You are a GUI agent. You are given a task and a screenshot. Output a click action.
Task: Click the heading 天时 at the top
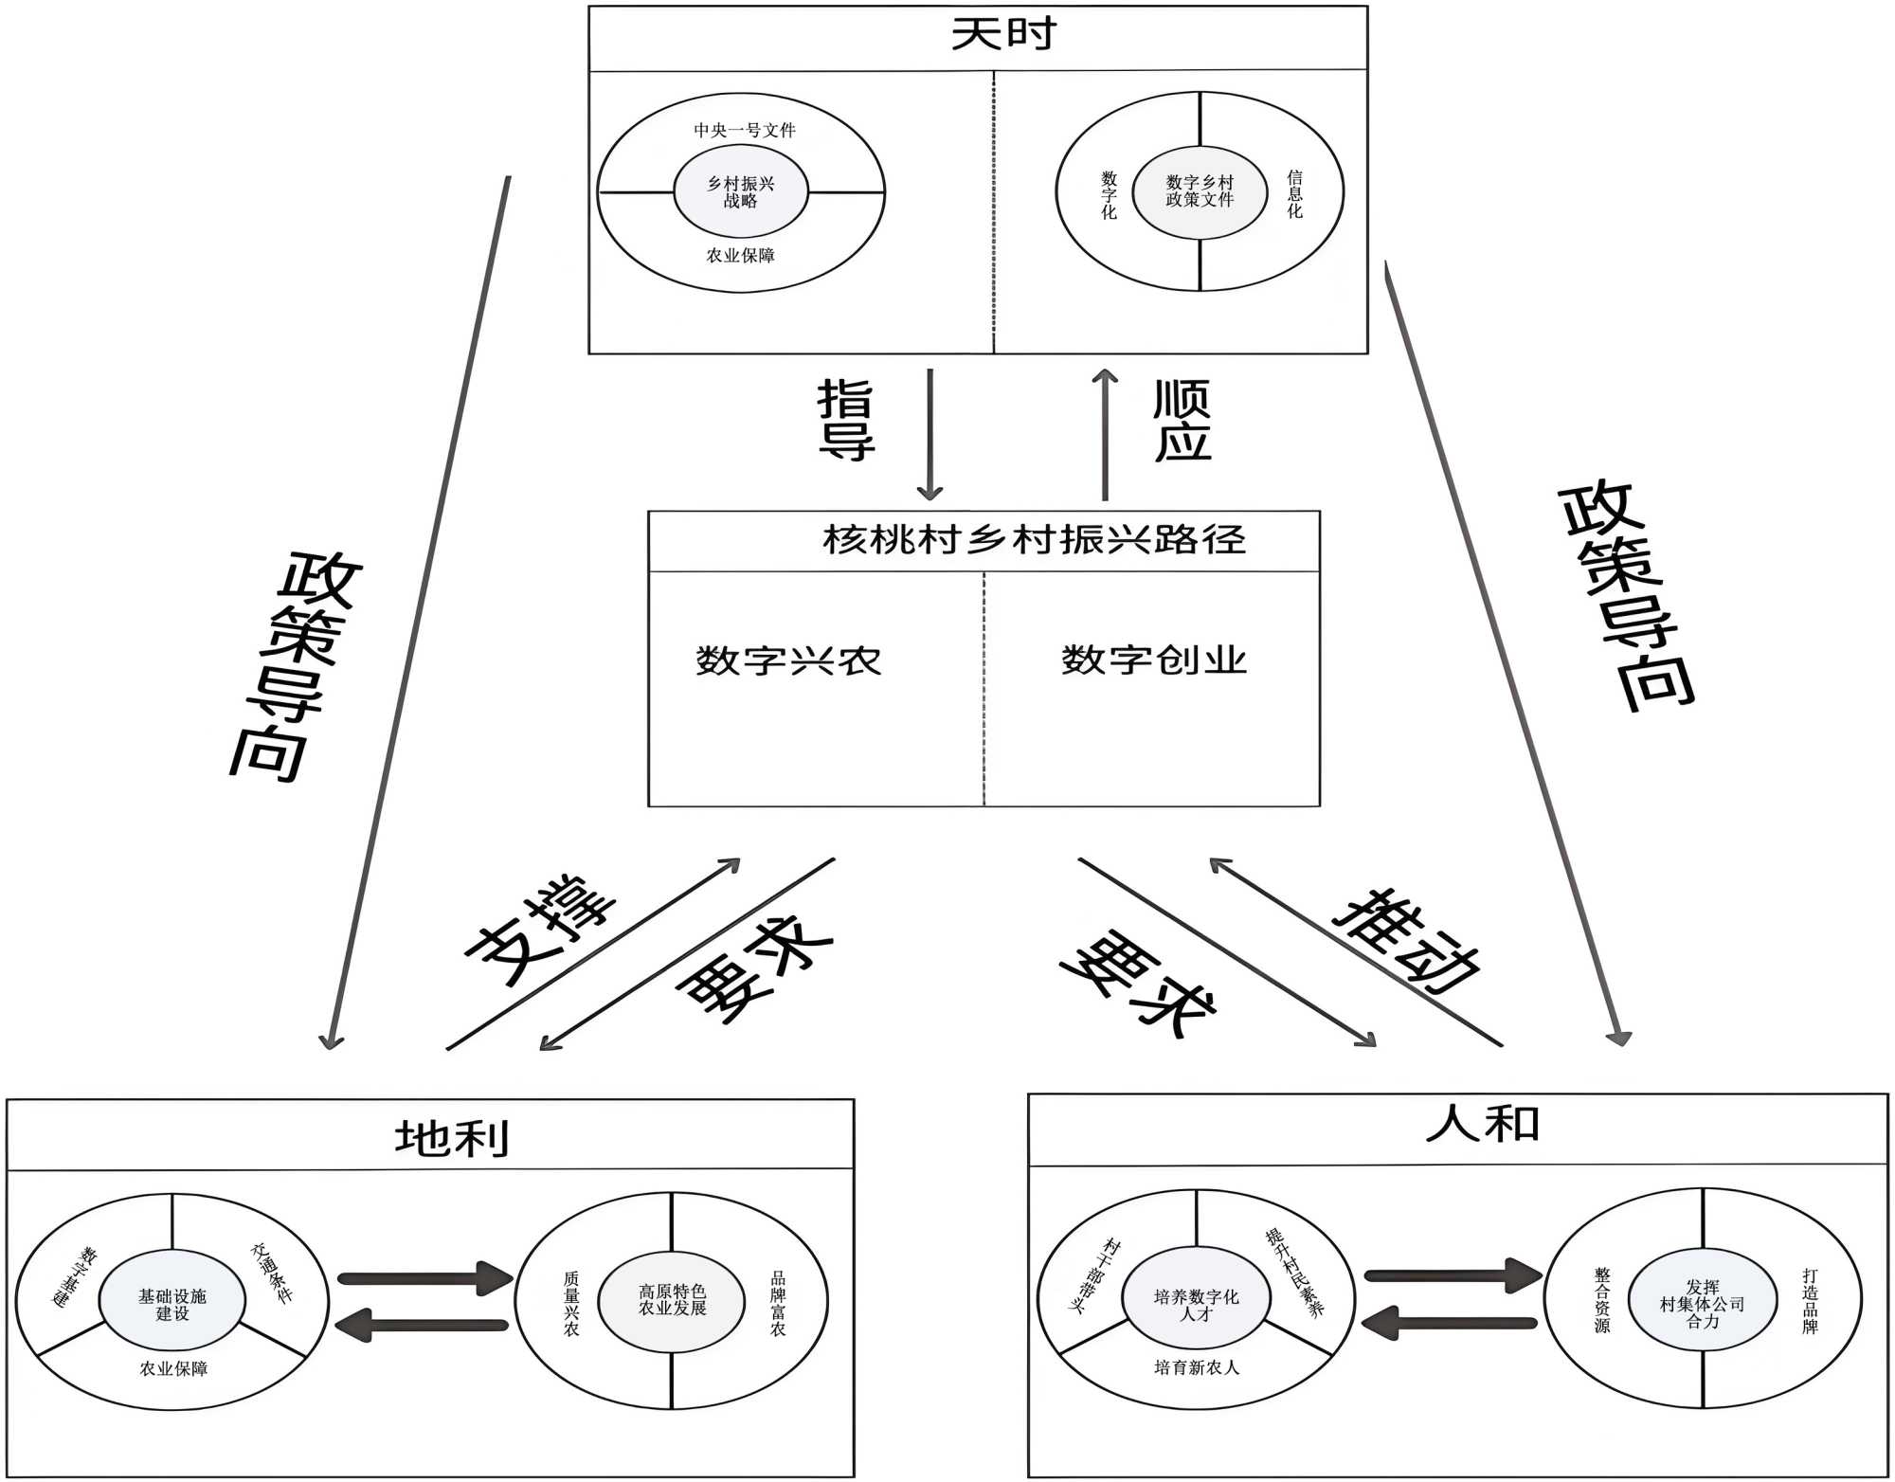[1002, 35]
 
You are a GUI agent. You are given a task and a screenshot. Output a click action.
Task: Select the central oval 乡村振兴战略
[740, 191]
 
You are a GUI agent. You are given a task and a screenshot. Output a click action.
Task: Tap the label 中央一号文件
[744, 130]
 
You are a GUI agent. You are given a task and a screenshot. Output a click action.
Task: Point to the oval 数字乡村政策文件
[1200, 190]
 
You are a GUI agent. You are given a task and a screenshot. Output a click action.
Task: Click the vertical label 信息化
[1294, 194]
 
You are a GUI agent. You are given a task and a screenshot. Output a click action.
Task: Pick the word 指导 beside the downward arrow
[845, 419]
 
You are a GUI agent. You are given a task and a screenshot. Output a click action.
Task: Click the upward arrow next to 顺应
[1105, 434]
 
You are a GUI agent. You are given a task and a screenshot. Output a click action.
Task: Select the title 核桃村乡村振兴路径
[1033, 540]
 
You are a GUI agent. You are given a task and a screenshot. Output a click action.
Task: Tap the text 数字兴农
[788, 660]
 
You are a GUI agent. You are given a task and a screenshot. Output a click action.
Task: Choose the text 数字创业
[1153, 660]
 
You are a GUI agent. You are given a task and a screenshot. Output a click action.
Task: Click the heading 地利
[452, 1137]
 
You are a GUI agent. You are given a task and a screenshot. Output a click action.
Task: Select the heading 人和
[1482, 1125]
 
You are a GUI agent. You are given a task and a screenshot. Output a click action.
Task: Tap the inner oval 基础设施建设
[171, 1304]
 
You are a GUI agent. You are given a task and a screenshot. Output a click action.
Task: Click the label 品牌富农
[777, 1303]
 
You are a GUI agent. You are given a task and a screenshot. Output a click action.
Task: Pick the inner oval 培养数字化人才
[1196, 1305]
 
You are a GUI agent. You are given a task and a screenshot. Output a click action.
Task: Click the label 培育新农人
[1196, 1367]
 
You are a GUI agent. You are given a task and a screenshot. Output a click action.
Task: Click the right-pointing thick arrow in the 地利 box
[425, 1278]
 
